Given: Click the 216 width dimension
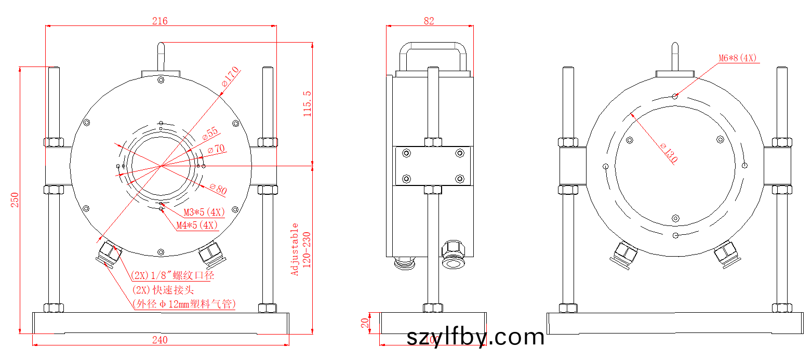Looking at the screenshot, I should coord(159,21).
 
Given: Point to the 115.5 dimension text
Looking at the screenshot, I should coord(307,103).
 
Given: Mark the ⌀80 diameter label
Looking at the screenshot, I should coord(218,189).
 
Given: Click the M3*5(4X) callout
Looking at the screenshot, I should coord(205,212).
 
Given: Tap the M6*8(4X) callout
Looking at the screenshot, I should coord(738,58).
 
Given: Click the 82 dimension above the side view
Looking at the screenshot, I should coord(429,21).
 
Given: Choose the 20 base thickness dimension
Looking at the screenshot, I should coord(365,324).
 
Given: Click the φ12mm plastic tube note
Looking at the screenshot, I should coord(184,304).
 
